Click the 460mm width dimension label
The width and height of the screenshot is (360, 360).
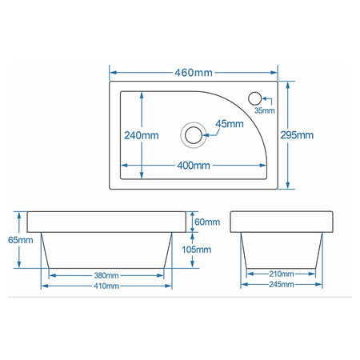click(194, 73)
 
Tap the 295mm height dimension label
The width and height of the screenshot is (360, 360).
click(297, 135)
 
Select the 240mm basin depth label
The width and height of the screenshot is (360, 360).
click(142, 135)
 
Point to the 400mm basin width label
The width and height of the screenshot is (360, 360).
click(194, 166)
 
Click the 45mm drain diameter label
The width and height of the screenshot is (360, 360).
click(230, 124)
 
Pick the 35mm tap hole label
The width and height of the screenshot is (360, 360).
click(265, 110)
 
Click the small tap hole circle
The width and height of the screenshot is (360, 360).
click(254, 98)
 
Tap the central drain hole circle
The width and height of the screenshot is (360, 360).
click(194, 135)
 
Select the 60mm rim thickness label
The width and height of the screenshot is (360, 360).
click(207, 222)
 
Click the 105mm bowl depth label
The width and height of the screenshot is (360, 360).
click(197, 250)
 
